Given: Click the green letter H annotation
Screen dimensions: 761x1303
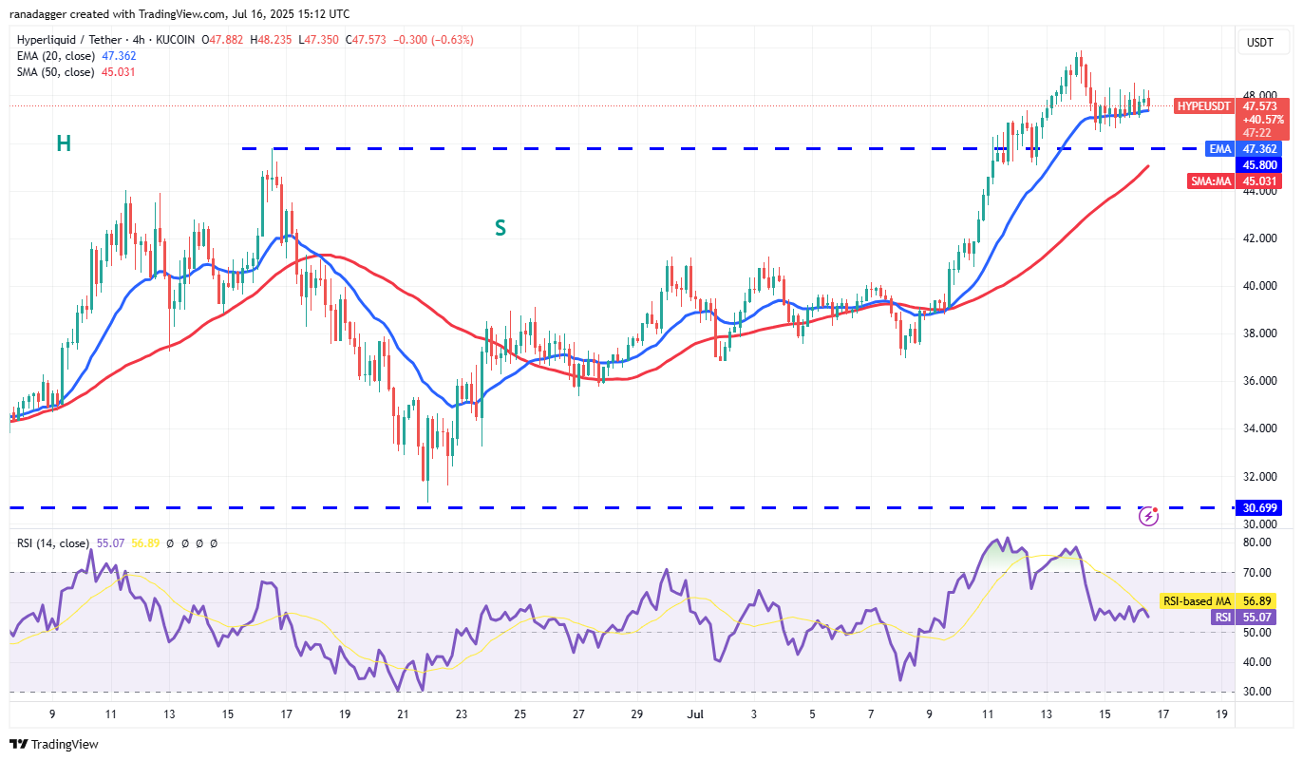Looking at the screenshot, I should [64, 143].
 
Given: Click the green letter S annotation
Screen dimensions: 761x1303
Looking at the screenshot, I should [500, 228].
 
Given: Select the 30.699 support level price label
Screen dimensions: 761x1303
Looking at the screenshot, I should [1260, 508].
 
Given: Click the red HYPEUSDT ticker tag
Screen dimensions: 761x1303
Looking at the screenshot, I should [1202, 105].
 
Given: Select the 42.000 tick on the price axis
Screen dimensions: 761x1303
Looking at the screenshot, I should [1259, 238].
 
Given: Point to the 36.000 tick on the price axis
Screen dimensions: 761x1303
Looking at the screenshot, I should [1259, 381].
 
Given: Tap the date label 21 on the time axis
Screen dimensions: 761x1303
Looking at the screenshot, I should [403, 713].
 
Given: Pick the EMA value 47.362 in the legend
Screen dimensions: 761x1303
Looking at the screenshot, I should [120, 56].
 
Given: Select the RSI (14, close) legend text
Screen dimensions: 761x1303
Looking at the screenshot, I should [52, 543].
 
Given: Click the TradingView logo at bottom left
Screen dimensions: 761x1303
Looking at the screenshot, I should [54, 744].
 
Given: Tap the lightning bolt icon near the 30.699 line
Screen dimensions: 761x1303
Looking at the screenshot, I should [1149, 516].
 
